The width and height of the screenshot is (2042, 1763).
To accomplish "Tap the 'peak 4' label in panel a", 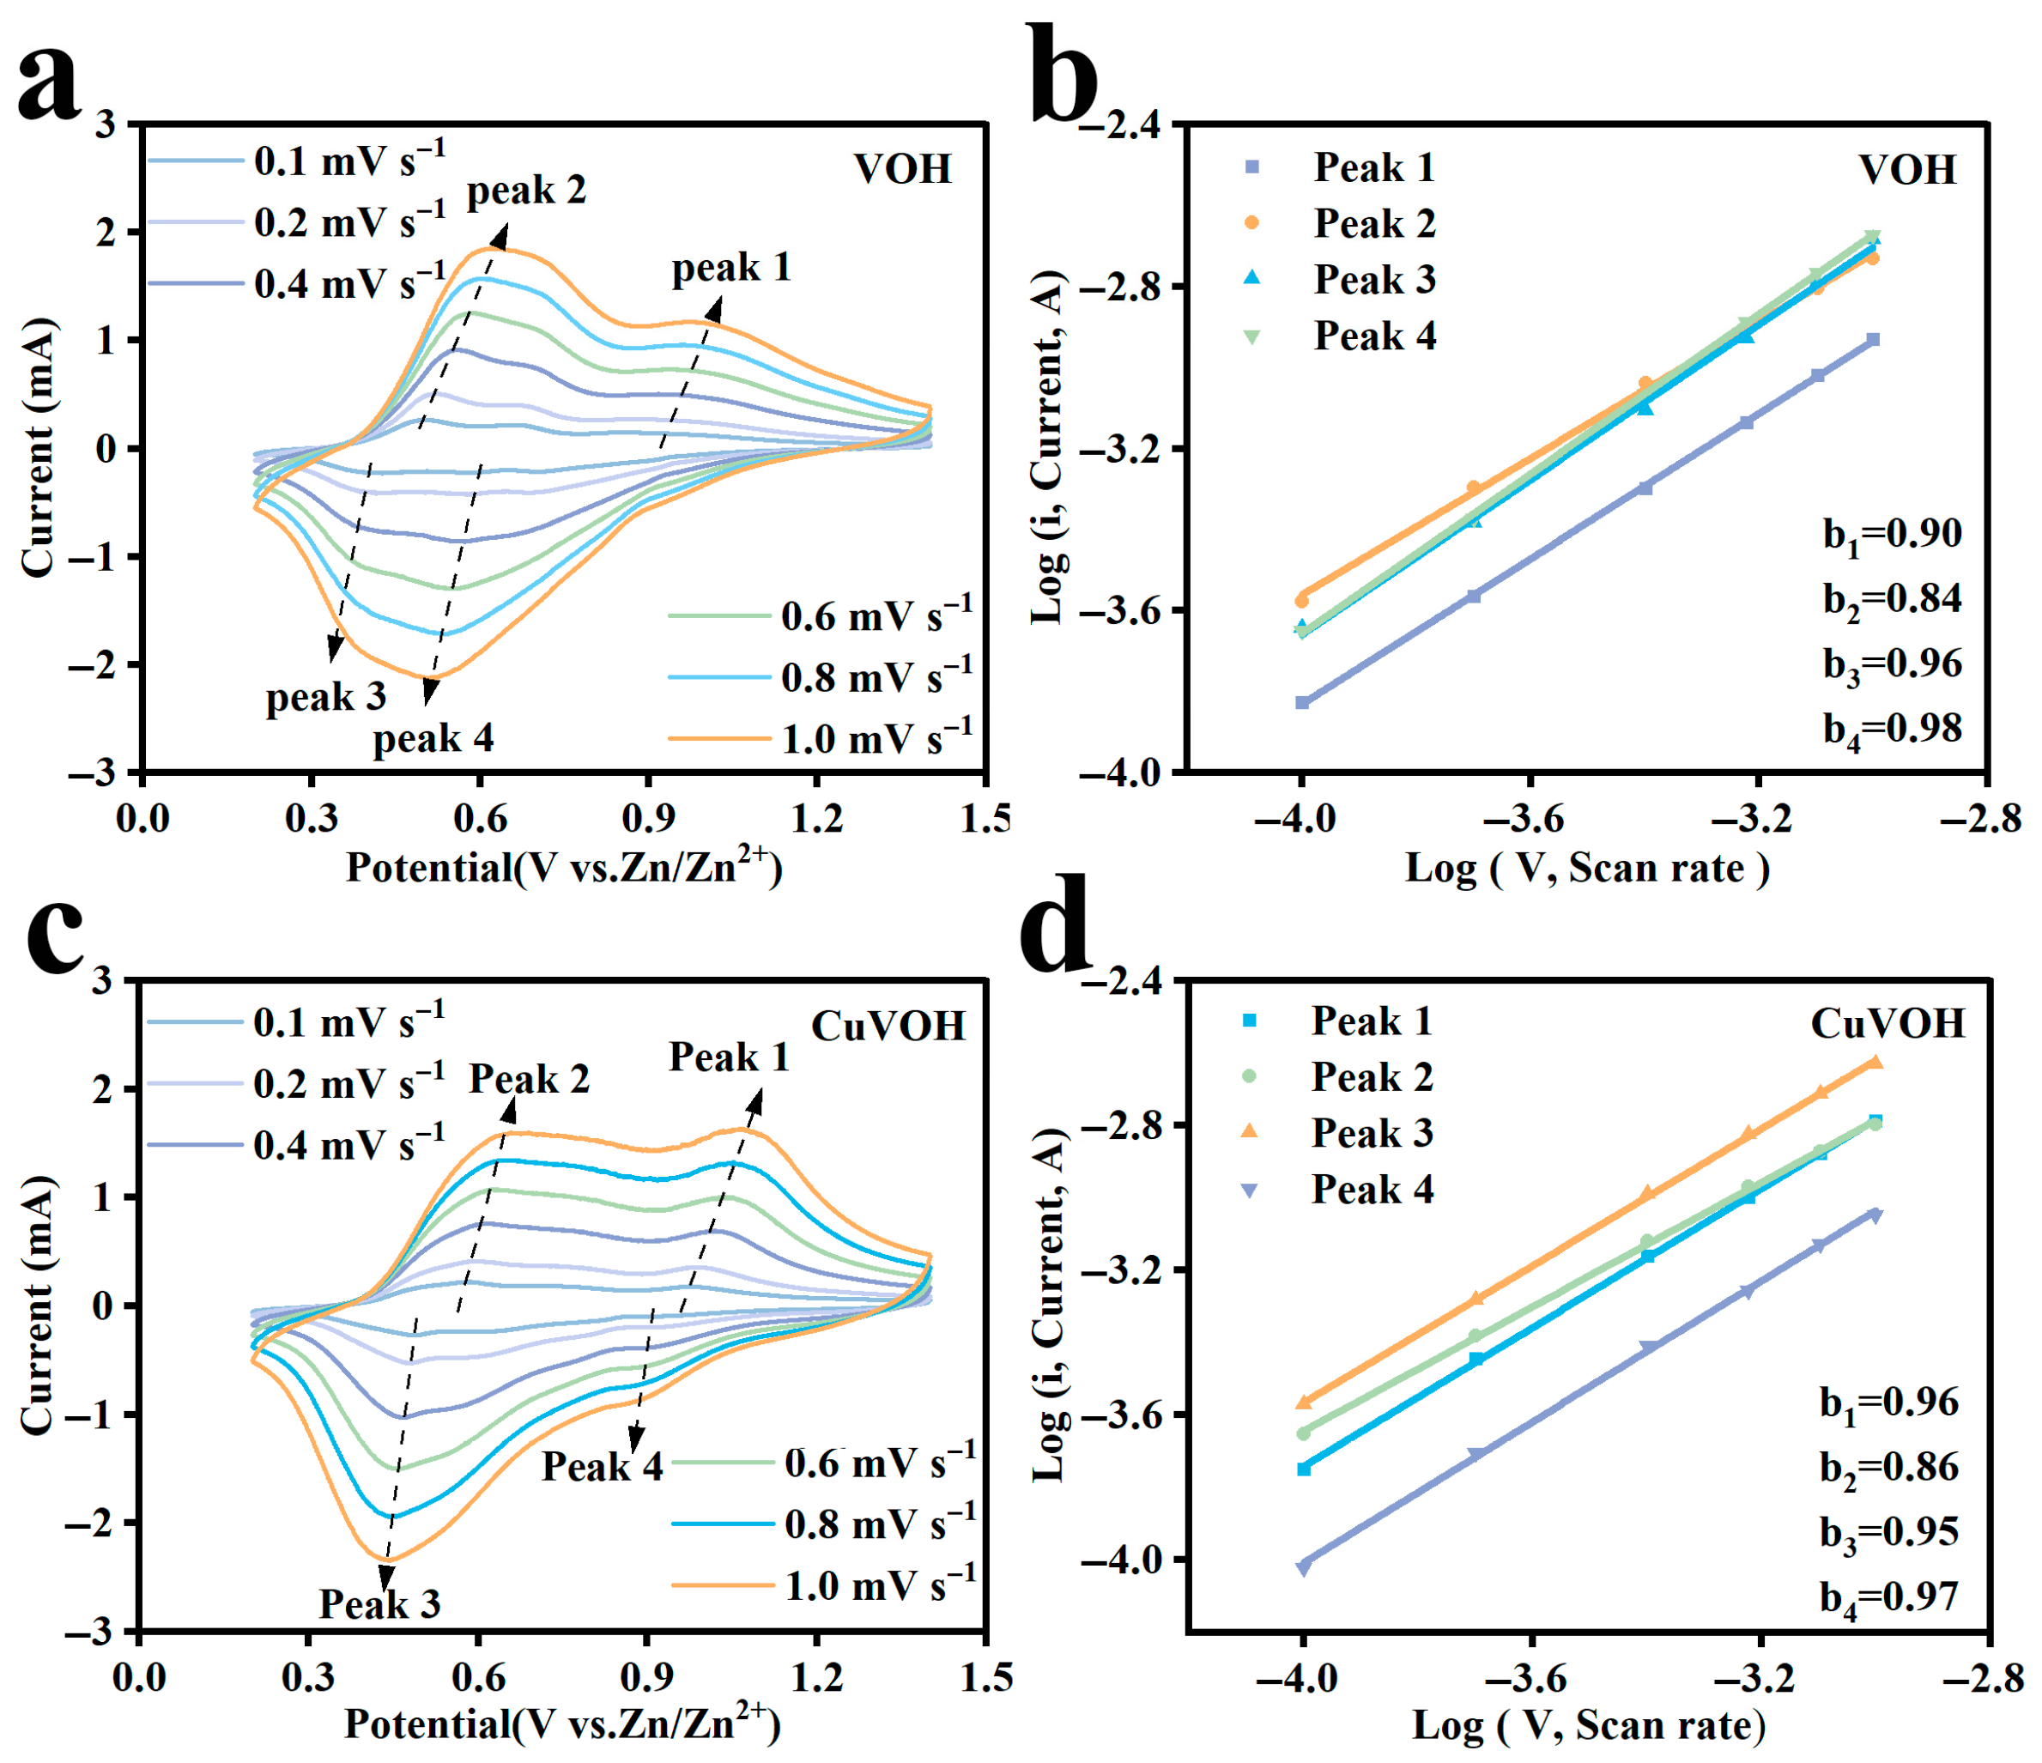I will [x=433, y=738].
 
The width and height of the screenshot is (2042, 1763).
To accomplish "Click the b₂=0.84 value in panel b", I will [x=1891, y=599].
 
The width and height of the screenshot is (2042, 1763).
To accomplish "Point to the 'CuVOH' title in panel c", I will [x=888, y=1026].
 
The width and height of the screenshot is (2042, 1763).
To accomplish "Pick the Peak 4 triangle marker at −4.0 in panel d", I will [x=1304, y=1568].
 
